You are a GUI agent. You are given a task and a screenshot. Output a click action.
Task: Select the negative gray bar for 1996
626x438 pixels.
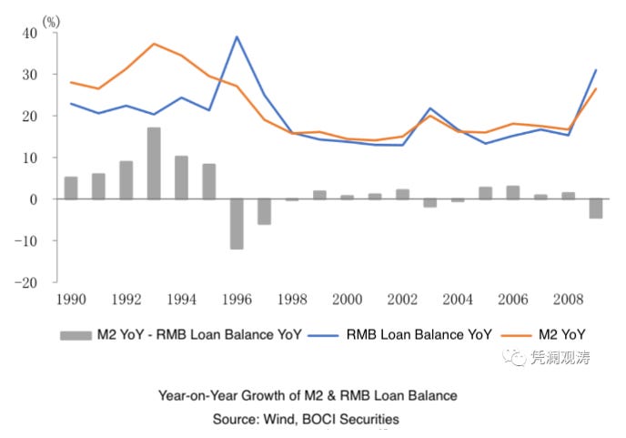click(x=237, y=223)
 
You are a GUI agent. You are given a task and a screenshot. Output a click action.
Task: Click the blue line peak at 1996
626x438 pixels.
click(x=237, y=37)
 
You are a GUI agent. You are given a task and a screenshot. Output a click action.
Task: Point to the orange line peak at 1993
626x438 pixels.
click(x=154, y=44)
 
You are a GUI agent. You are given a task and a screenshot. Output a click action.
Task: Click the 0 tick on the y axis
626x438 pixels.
click(x=34, y=199)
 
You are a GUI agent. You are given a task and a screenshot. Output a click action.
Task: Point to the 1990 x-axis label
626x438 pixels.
click(x=71, y=300)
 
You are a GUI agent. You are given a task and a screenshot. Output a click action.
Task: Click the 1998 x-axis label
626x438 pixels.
click(x=292, y=300)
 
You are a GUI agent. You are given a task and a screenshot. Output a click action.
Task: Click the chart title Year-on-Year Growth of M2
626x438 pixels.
click(x=307, y=396)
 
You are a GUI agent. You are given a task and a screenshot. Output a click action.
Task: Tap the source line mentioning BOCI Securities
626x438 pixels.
click(x=307, y=419)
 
